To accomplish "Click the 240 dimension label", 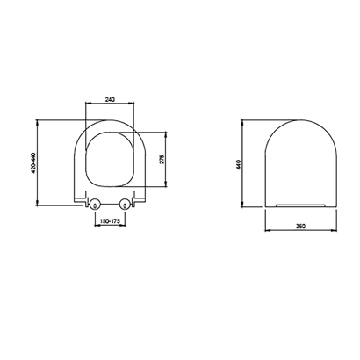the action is pos(110,99).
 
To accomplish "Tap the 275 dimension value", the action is pos(162,159).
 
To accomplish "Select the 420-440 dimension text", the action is pos(32,162).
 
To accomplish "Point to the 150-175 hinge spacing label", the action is pos(110,221).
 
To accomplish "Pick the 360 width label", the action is pos(300,226).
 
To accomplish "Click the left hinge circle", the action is pos(95,204).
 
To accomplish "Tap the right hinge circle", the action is pos(126,204).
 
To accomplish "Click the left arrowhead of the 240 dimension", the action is pos(87,103).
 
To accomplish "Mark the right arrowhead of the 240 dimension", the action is pos(132,103).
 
